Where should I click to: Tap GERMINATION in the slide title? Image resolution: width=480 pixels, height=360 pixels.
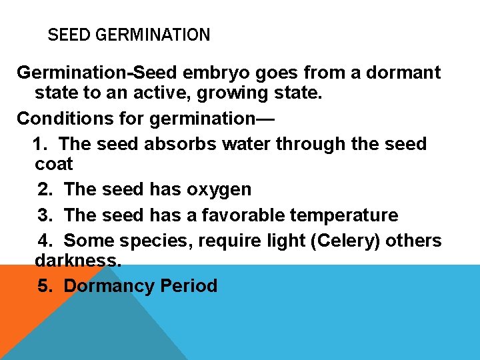(x=153, y=35)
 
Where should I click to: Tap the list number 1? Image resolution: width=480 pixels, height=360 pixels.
(x=39, y=143)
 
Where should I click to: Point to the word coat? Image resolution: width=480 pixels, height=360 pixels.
(x=54, y=164)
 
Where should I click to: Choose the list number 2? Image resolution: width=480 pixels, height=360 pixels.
(x=45, y=189)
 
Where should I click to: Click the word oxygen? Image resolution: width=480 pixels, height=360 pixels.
(x=219, y=189)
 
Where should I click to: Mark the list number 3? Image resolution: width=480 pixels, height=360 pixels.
(x=45, y=215)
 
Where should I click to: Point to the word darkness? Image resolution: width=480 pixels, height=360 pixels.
(x=78, y=260)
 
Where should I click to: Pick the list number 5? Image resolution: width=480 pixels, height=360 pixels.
(x=45, y=286)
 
